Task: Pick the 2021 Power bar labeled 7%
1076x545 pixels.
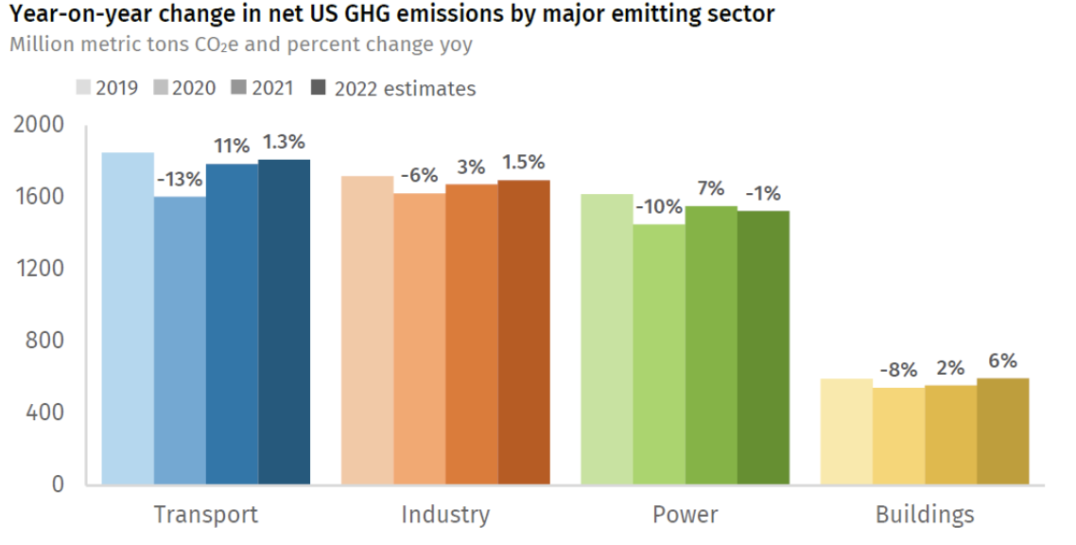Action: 711,345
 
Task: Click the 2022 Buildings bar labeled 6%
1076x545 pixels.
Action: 1003,431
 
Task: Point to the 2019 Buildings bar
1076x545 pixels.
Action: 846,431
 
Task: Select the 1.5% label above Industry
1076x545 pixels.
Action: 524,163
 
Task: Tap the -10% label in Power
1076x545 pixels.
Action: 658,207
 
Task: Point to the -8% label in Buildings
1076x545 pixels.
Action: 898,370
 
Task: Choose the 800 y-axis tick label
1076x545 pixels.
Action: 45,341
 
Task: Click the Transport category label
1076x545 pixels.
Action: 205,515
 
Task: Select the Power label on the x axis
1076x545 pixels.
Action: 685,515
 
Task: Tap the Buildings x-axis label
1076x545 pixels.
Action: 924,515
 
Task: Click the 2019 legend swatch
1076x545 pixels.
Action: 83,88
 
